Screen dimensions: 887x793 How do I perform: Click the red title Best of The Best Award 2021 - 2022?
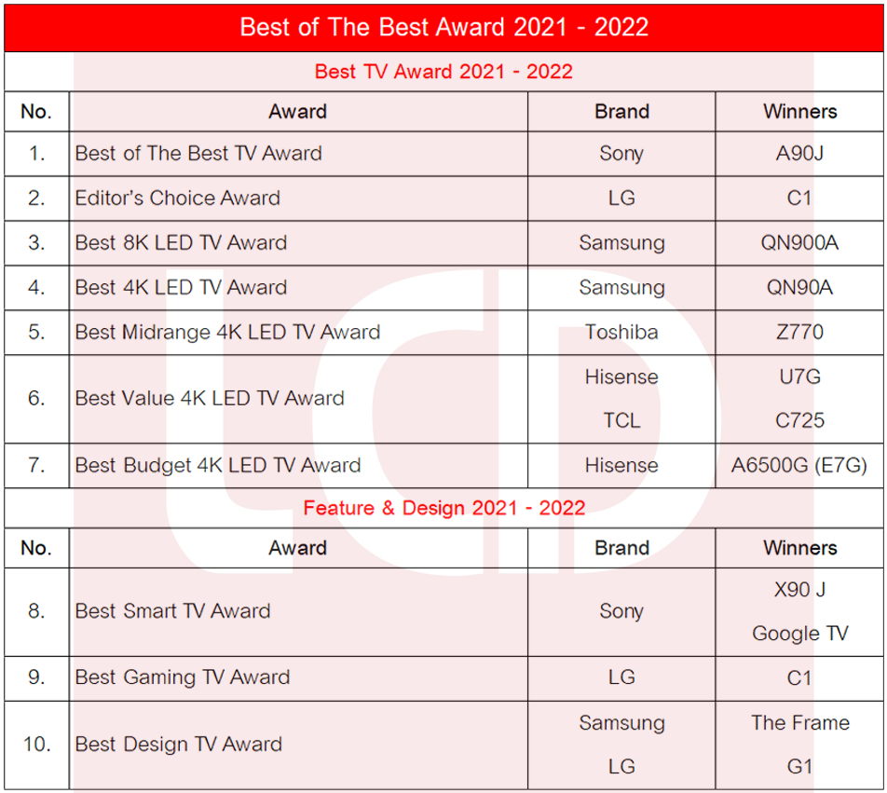[444, 27]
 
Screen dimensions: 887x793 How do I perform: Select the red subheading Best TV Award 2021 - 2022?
[443, 72]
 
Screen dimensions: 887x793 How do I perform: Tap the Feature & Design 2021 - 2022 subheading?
[444, 508]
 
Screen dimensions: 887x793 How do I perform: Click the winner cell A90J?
[799, 153]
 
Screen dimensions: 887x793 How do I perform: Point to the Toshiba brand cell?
[621, 332]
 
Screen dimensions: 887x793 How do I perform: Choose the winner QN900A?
[799, 242]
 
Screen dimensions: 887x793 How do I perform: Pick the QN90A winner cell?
[799, 287]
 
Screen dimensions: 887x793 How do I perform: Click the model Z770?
[799, 332]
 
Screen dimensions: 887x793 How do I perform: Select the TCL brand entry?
[621, 421]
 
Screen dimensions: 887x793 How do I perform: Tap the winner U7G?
[799, 376]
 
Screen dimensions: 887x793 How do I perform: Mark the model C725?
[799, 421]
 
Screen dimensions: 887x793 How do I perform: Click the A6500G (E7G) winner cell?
[798, 466]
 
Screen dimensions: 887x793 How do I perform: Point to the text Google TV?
[799, 634]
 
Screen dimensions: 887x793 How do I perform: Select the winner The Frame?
[799, 723]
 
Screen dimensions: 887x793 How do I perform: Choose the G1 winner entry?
[799, 767]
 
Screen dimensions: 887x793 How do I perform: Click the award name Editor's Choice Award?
[178, 198]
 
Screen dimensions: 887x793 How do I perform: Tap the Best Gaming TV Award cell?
[183, 677]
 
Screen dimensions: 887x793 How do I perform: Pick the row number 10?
[36, 745]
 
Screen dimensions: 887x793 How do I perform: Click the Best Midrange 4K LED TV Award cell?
[227, 332]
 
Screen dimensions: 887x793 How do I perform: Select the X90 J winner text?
[799, 590]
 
